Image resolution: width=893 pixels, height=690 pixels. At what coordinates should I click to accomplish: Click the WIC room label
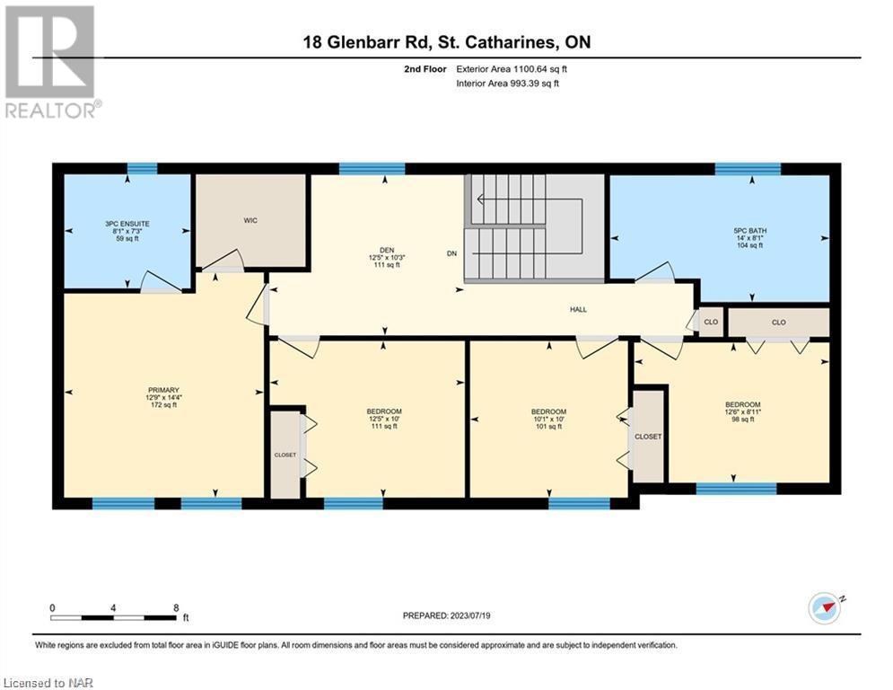250,220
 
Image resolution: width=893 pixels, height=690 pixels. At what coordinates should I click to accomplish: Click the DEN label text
387,251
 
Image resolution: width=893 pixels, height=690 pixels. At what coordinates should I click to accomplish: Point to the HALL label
578,310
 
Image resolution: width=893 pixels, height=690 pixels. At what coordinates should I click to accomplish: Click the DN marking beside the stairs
451,253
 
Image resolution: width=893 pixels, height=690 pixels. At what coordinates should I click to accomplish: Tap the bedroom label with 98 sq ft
742,411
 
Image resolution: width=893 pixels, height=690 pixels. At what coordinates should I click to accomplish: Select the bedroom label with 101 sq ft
549,420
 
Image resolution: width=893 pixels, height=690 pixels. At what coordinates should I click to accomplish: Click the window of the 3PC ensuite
142,168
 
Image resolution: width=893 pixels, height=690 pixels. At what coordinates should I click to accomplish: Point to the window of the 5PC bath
748,168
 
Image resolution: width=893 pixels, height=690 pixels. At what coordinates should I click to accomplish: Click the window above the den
372,168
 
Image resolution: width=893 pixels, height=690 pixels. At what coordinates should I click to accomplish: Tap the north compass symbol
825,608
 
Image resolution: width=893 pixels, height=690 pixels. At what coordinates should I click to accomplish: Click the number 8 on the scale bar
176,608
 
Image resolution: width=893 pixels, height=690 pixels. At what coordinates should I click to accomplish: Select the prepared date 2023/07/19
470,615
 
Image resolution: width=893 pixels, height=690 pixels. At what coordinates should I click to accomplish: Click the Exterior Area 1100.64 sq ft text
512,69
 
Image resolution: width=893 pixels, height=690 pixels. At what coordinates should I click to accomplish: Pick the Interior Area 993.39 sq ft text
507,84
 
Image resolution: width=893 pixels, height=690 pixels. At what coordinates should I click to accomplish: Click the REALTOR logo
50,62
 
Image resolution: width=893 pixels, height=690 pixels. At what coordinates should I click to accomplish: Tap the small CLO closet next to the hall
711,323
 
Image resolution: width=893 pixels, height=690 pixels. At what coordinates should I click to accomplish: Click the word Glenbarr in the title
360,42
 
